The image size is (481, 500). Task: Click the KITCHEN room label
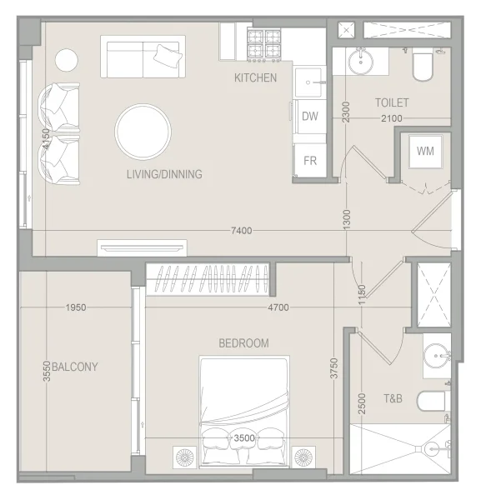point(255,77)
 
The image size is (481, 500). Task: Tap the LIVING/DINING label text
point(164,174)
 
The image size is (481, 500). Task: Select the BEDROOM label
point(243,342)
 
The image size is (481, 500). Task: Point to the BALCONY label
point(75,367)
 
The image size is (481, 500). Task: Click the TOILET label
point(391,102)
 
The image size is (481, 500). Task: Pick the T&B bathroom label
point(393,399)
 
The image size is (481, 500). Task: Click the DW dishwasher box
point(310,117)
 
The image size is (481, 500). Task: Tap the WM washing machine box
point(424,151)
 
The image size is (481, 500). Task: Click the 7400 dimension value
point(241,231)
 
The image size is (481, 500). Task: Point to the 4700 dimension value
point(278,307)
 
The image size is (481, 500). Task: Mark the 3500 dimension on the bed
point(243,437)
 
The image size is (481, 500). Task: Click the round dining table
point(143,131)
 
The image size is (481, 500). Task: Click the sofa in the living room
point(142,56)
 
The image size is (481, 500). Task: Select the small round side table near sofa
point(67,60)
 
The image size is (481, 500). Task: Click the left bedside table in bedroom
point(185,457)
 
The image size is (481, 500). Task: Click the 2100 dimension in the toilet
point(391,118)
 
